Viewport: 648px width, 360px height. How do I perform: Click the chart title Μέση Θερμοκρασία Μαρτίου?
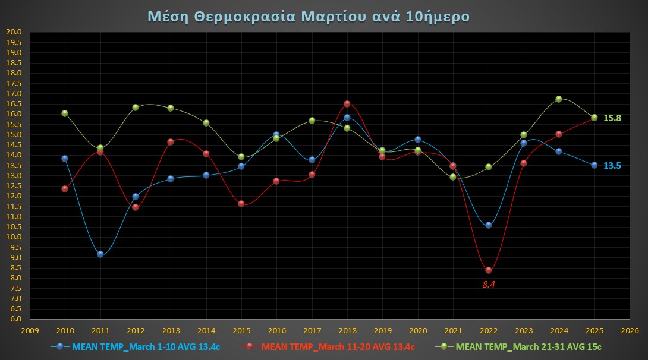(x=308, y=16)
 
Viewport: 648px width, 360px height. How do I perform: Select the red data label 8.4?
(x=489, y=285)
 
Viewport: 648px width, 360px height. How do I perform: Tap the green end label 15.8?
(x=612, y=118)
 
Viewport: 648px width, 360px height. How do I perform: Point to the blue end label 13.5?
(x=612, y=166)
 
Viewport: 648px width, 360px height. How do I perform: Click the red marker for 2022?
(x=489, y=270)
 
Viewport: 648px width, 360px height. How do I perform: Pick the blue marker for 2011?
(x=100, y=254)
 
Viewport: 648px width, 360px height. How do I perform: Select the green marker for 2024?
(x=559, y=99)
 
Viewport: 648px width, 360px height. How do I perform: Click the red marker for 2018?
(x=347, y=104)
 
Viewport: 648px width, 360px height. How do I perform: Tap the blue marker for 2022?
(x=489, y=225)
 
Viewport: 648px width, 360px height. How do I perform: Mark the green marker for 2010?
(x=65, y=113)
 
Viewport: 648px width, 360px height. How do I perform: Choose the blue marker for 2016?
(x=276, y=135)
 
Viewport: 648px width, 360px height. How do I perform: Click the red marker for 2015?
(x=241, y=204)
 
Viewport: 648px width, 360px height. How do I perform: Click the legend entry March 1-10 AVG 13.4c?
(x=146, y=346)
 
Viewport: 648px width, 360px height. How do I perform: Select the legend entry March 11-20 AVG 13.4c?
(x=338, y=346)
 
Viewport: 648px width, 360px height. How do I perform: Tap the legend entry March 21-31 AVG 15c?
(x=529, y=346)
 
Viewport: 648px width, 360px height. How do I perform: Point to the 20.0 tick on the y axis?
(x=14, y=32)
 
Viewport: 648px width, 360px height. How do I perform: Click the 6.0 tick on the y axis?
(x=14, y=319)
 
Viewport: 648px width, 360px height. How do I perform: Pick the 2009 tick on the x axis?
(x=30, y=330)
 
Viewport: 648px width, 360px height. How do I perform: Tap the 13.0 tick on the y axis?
(x=14, y=176)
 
